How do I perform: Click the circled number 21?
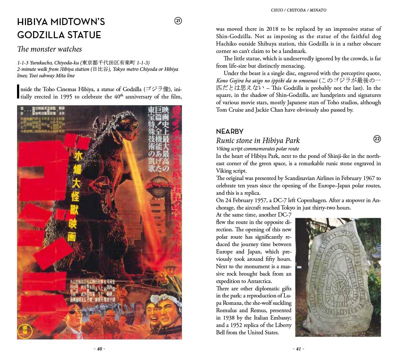178,21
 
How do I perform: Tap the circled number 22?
377,139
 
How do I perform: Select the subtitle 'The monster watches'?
49,49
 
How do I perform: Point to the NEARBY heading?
229,131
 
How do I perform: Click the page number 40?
99,349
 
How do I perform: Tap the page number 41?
298,349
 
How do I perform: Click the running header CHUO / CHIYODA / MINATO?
298,10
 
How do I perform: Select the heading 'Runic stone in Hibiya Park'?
258,141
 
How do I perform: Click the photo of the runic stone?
338,277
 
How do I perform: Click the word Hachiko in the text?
228,44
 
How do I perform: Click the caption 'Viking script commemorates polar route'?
257,149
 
